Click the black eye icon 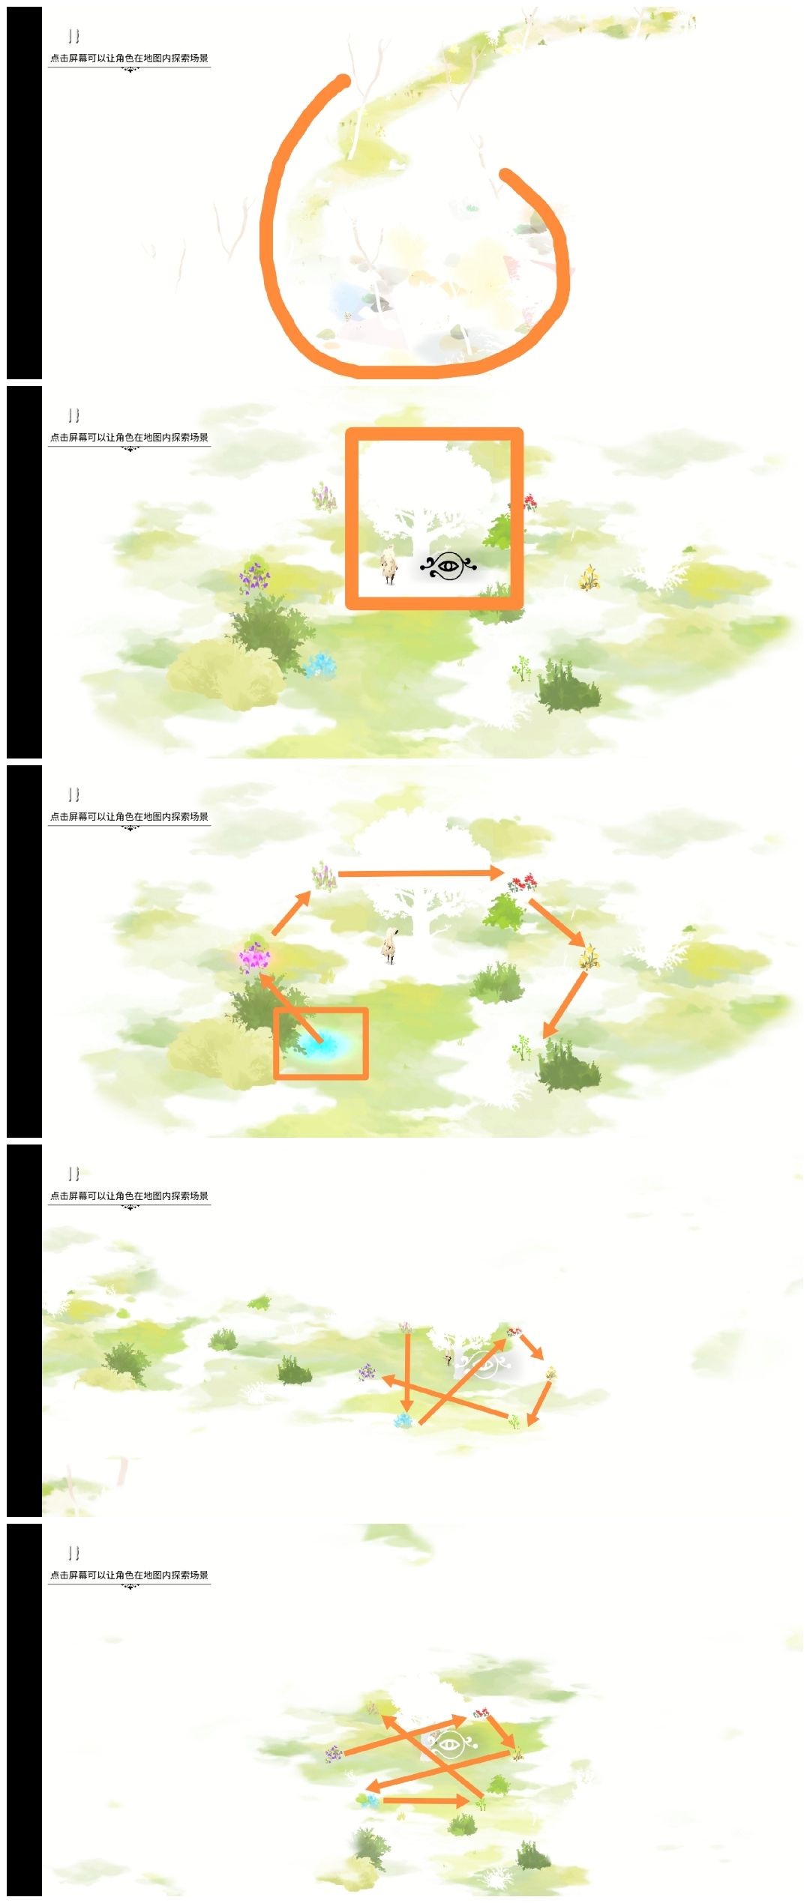[448, 566]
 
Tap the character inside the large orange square [388, 567]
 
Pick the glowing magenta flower [255, 957]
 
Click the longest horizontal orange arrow [421, 873]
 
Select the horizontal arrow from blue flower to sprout [426, 1800]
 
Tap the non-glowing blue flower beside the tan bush [319, 665]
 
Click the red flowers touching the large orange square [529, 502]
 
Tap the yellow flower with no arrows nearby [589, 577]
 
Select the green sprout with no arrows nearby [522, 667]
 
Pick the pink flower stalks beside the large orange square [324, 496]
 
